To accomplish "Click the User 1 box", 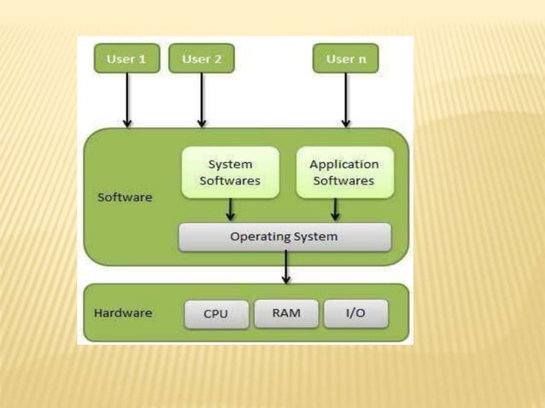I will [126, 59].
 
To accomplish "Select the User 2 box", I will [202, 59].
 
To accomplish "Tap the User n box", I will [346, 59].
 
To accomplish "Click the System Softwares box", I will [230, 172].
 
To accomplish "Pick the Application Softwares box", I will [344, 172].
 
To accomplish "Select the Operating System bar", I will [284, 236].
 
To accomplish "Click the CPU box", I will [216, 313].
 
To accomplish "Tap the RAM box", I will [286, 313].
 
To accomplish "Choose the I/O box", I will [355, 313].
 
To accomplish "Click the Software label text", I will [125, 197].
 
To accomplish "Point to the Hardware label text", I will [123, 312].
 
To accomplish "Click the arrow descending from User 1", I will [127, 100].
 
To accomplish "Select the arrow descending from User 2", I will [202, 100].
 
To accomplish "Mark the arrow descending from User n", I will [346, 100].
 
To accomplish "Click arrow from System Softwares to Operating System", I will [231, 210].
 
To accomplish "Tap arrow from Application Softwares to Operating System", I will [336, 210].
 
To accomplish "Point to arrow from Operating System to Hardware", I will [286, 268].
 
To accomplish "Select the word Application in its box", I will [344, 164].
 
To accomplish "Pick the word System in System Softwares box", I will [231, 164].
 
